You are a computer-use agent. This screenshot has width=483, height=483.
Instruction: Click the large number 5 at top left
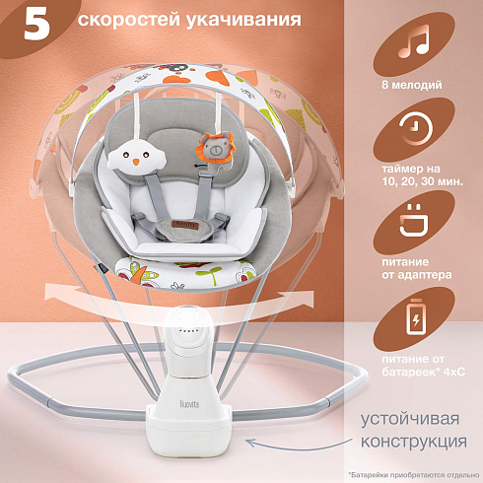36,24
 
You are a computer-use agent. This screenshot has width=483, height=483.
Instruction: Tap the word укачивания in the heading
243,20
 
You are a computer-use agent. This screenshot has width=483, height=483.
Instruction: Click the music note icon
413,41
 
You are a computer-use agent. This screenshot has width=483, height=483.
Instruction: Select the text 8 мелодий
412,85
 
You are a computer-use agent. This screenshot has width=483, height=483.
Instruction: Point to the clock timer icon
416,128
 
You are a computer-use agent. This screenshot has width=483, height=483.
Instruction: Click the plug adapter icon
414,220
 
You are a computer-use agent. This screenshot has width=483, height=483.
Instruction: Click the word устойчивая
410,420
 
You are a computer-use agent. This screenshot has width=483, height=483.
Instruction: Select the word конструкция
414,442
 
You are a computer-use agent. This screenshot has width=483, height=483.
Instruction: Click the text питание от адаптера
416,268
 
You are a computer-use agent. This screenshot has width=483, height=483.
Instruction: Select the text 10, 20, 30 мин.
422,181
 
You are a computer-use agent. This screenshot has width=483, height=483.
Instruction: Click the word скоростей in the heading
129,20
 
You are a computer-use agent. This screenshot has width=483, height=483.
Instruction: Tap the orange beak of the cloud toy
135,162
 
